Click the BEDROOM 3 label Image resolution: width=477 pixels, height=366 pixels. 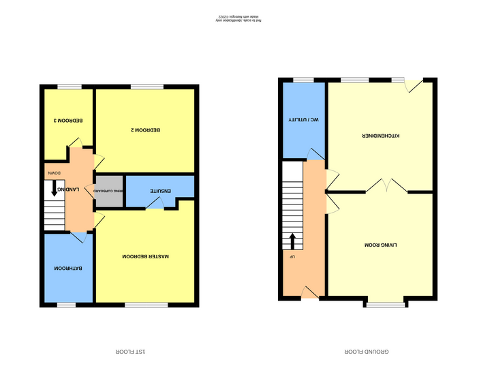tap(69, 121)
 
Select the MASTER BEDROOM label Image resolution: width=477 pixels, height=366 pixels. tap(145, 256)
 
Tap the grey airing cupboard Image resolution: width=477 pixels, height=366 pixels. tap(109, 192)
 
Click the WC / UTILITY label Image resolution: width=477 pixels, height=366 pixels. tap(294, 120)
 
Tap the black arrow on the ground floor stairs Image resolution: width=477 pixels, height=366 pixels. tap(293, 241)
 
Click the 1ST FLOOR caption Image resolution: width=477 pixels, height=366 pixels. tap(133, 351)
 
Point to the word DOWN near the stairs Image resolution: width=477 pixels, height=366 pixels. tap(54, 174)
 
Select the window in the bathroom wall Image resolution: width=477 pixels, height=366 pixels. tap(66, 305)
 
